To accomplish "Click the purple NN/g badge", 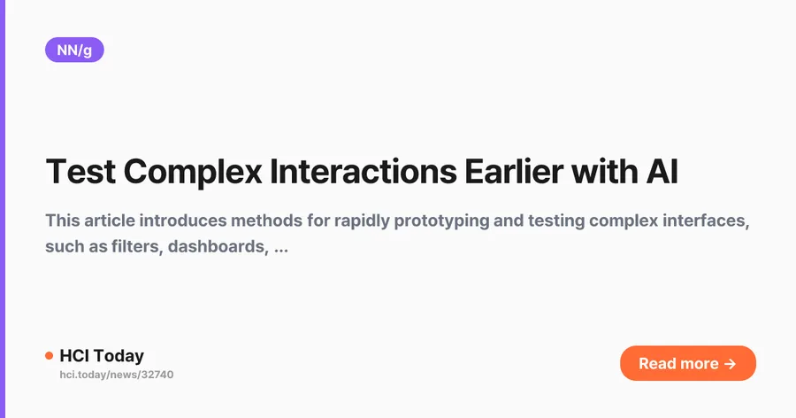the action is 74,50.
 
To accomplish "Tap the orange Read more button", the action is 688,363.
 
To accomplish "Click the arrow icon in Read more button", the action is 730,364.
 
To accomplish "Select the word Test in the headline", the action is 80,172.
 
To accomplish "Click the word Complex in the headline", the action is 193,173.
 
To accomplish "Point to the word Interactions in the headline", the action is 363,172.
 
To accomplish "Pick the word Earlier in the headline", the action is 514,172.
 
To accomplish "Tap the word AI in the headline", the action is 662,172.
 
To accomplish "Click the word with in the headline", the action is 605,172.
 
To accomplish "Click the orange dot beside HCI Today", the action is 50,355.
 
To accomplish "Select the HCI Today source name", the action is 102,355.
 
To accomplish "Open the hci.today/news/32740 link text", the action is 117,375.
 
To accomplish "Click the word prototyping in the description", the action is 441,221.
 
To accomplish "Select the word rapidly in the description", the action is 362,221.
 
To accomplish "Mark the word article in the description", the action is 110,221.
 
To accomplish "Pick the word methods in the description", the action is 266,221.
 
